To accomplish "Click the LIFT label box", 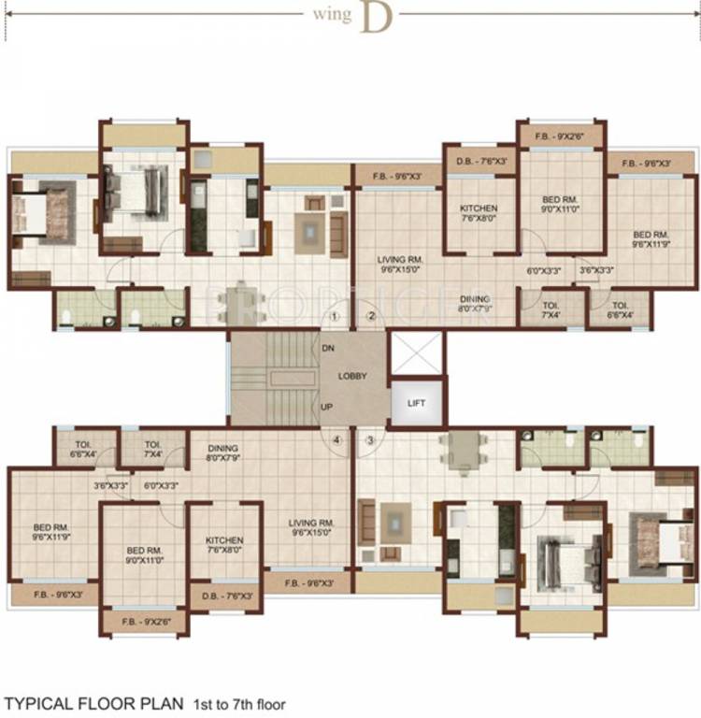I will point(414,402).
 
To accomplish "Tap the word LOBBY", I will point(353,376).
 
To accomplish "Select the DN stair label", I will point(328,348).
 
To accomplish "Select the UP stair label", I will point(327,408).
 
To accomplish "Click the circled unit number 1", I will point(334,316).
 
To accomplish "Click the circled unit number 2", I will point(370,316).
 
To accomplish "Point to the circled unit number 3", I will point(370,438).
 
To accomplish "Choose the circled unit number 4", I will point(336,438).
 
